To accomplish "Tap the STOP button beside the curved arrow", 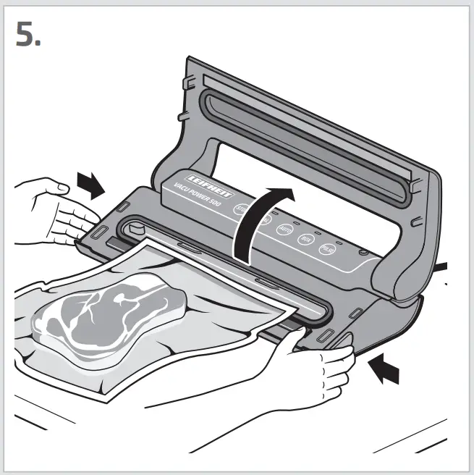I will point(242,209).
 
